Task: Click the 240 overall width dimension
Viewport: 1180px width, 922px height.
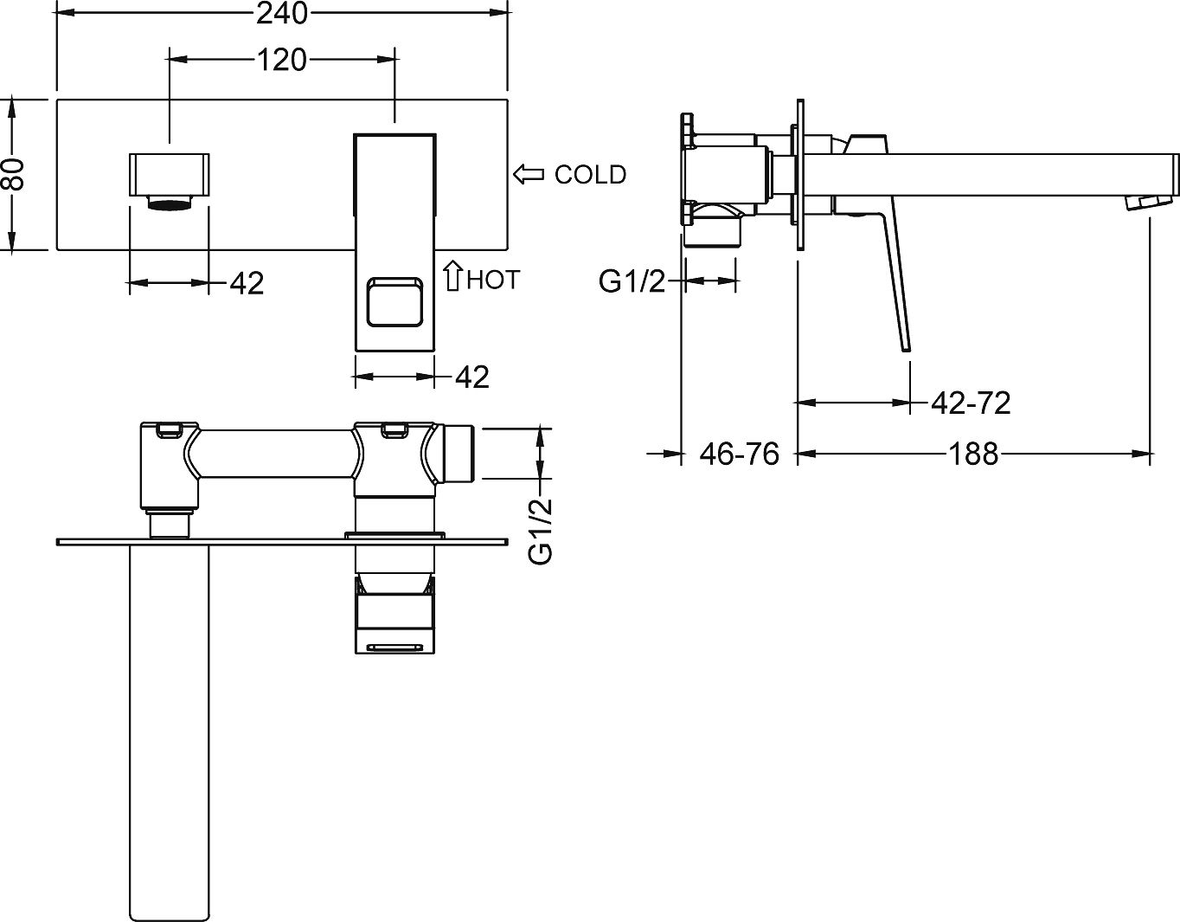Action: tap(283, 13)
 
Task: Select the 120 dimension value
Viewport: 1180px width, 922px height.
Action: tap(282, 60)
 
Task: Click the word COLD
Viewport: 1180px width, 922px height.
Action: tap(590, 175)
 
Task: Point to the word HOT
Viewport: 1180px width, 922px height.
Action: tap(493, 280)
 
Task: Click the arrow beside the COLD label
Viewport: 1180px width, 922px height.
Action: tap(528, 174)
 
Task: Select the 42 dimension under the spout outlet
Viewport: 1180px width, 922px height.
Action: tap(247, 283)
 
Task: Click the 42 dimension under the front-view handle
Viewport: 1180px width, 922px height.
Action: tap(471, 377)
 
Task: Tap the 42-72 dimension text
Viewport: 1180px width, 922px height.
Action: tap(971, 403)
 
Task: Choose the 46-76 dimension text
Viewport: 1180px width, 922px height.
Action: tap(740, 453)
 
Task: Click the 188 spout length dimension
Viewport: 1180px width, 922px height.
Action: tap(974, 453)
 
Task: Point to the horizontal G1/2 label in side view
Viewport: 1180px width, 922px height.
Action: tap(632, 281)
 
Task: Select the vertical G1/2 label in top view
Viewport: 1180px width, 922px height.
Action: tap(541, 531)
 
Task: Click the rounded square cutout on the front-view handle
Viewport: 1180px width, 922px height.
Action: tap(394, 301)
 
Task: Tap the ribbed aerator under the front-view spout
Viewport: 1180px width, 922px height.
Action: tap(170, 203)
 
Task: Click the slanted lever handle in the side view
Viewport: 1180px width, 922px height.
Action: tap(891, 277)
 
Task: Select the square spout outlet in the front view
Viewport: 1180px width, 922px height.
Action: tap(170, 173)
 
